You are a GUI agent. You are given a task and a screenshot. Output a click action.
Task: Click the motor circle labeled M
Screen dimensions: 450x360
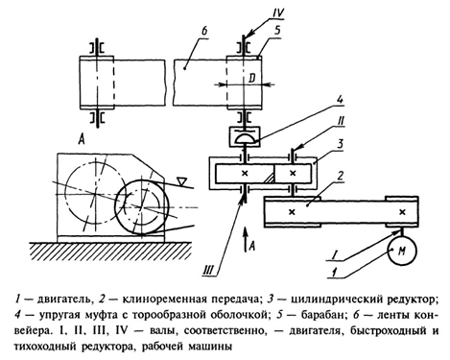(402, 251)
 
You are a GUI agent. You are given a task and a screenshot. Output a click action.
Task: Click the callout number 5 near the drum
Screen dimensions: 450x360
(277, 30)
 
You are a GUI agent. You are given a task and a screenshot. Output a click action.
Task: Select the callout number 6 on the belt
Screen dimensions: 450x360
(204, 31)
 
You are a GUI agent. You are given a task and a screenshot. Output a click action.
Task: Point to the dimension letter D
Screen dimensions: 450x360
(252, 79)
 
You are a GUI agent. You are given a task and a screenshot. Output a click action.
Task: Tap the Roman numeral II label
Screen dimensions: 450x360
(341, 121)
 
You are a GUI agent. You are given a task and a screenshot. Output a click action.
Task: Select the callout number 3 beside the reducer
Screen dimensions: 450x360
(341, 144)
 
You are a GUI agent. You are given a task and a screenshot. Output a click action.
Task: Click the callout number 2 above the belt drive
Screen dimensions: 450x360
(341, 177)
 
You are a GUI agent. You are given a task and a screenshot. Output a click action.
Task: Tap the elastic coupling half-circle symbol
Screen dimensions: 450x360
(245, 139)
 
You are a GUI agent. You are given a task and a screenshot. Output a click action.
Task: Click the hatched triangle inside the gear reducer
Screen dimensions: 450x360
(269, 179)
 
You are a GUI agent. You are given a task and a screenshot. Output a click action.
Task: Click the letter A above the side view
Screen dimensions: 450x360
(82, 139)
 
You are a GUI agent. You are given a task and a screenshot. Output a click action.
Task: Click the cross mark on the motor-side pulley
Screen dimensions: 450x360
(402, 212)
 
